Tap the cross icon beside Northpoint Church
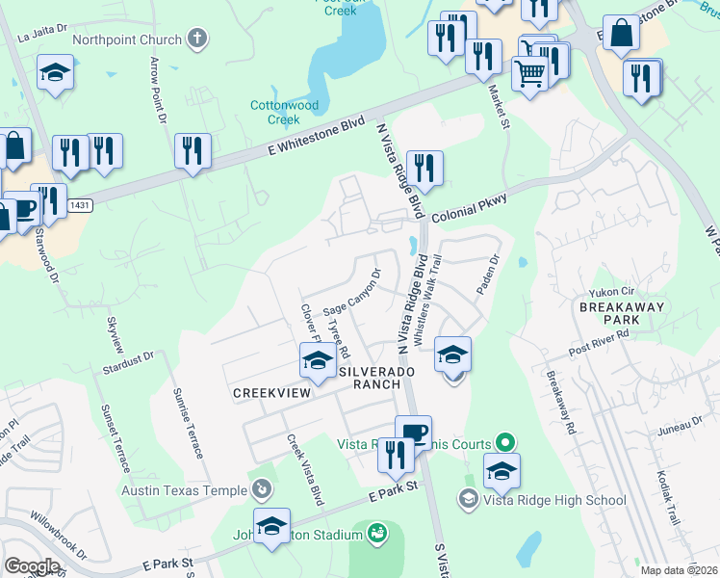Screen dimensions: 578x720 click(197, 39)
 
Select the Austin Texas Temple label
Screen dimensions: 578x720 click(184, 490)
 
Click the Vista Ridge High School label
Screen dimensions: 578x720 click(554, 500)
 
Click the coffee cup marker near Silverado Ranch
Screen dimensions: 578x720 click(413, 433)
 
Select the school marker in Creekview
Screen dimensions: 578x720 click(316, 361)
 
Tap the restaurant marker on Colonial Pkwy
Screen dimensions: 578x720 click(424, 168)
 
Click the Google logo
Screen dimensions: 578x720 click(32, 566)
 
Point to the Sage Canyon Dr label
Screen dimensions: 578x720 click(352, 291)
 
